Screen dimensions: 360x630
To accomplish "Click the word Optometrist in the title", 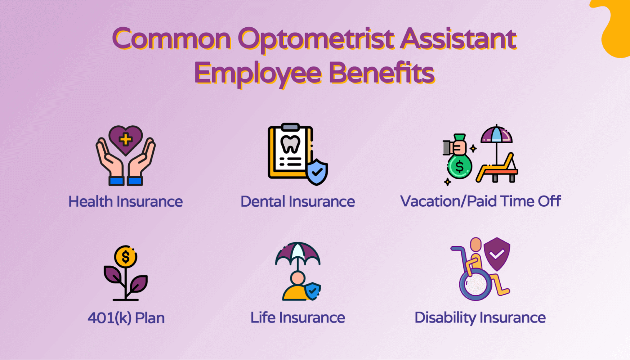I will [316, 39].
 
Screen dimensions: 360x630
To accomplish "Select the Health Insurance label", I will [125, 201].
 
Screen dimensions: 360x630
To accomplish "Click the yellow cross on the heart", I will [125, 139].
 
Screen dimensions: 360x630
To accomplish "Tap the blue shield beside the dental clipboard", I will [317, 172].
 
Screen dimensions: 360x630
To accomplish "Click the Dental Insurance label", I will [298, 201].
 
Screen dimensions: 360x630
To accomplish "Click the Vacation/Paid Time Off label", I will [480, 201].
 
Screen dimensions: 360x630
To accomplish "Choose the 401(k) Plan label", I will [126, 318].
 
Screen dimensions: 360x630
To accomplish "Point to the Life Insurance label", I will [298, 318].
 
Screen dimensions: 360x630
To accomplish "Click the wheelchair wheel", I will [475, 284].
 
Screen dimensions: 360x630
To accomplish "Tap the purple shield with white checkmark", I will [497, 254].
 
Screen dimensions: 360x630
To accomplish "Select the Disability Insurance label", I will [480, 318].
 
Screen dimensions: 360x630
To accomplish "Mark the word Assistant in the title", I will [458, 39].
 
